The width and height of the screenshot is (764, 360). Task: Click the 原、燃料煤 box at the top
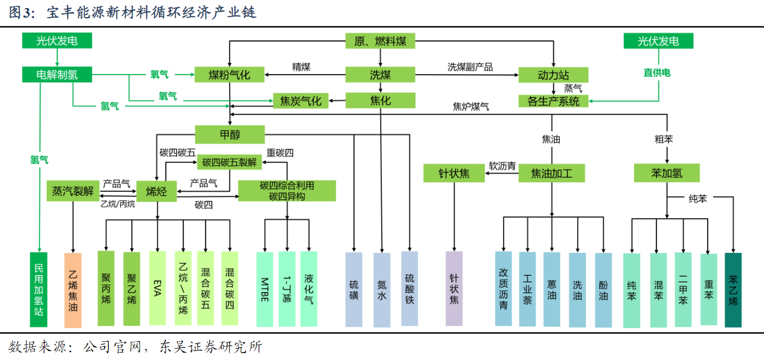pyautogui.click(x=381, y=41)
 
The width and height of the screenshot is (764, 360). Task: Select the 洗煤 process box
pyautogui.click(x=381, y=75)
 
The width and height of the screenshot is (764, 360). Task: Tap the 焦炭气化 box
pyautogui.click(x=301, y=101)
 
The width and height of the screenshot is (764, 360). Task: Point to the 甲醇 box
pyautogui.click(x=230, y=135)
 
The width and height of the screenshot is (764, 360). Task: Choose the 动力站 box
pyautogui.click(x=553, y=75)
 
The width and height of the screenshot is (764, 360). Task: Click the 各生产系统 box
pyautogui.click(x=553, y=101)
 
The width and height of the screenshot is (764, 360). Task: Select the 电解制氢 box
pyautogui.click(x=57, y=75)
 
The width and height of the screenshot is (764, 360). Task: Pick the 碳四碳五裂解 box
pyautogui.click(x=230, y=162)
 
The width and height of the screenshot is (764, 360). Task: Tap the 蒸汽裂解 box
pyautogui.click(x=73, y=191)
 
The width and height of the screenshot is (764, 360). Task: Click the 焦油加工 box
pyautogui.click(x=551, y=173)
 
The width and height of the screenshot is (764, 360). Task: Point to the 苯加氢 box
pyautogui.click(x=667, y=173)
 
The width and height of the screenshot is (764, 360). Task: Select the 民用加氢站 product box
pyautogui.click(x=39, y=290)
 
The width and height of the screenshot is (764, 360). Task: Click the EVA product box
pyautogui.click(x=158, y=289)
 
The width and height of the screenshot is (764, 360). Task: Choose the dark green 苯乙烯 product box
pyautogui.click(x=733, y=290)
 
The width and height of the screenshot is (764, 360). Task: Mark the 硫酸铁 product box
pyautogui.click(x=410, y=289)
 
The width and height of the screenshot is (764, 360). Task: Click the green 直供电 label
pyautogui.click(x=657, y=72)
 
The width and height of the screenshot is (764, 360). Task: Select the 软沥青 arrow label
pyautogui.click(x=502, y=166)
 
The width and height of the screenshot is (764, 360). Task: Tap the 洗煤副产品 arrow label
pyautogui.click(x=470, y=67)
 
